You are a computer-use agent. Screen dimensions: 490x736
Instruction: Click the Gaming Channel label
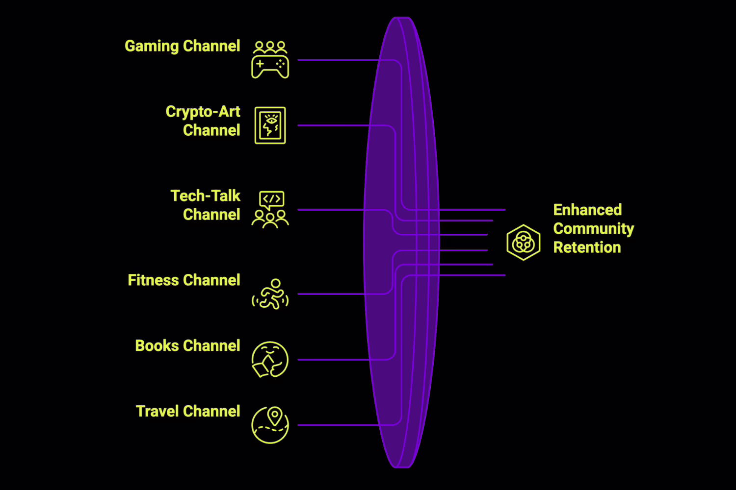(182, 46)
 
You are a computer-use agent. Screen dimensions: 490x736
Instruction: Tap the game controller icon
(270, 67)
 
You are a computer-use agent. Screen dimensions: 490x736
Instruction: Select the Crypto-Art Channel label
(203, 121)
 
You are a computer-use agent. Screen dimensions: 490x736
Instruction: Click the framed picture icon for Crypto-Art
(270, 125)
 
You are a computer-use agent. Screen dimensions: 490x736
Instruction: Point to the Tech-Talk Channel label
(206, 205)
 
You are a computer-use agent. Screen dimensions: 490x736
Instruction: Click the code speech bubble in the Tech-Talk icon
(271, 199)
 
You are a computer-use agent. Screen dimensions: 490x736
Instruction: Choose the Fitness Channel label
(184, 280)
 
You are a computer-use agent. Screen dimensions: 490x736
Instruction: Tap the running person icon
(270, 294)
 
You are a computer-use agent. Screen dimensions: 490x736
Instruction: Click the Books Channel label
(187, 346)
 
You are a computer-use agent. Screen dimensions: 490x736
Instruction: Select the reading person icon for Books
(270, 360)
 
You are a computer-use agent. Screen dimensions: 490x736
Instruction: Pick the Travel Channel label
(188, 411)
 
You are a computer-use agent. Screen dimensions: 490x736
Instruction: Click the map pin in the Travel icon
(275, 416)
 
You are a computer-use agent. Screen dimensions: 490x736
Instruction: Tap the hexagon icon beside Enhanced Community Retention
(524, 242)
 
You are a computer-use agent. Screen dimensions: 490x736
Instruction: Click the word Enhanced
(587, 210)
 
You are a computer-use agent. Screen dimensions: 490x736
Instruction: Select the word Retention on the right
(587, 247)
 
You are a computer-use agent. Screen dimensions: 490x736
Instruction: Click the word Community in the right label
(593, 229)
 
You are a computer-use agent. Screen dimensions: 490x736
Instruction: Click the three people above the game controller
(270, 47)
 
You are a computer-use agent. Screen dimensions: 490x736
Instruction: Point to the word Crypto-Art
(203, 112)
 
